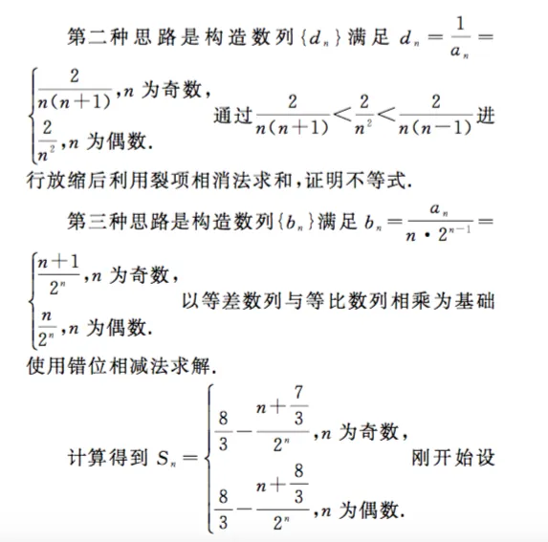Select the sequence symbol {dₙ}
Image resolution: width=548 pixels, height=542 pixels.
[316, 36]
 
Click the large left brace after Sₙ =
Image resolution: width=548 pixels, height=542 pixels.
[202, 458]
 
